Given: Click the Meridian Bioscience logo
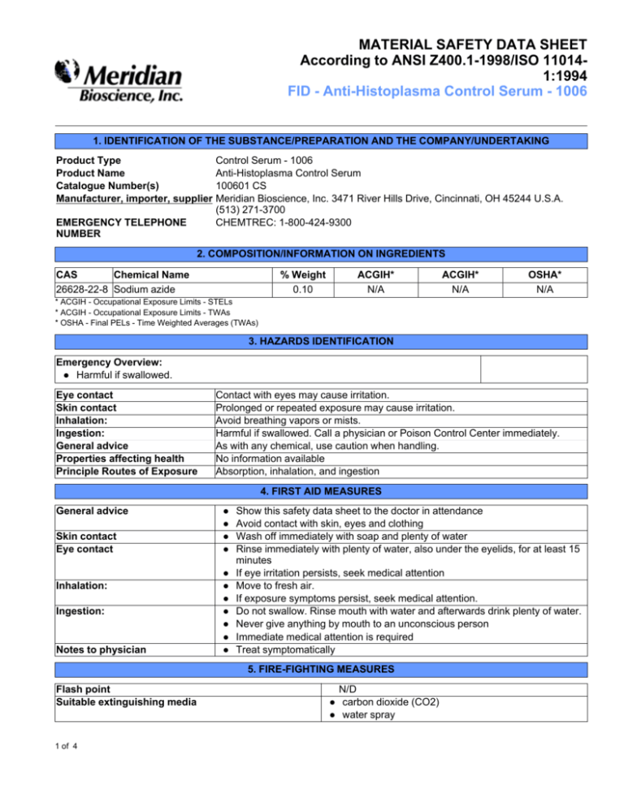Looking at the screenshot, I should pyautogui.click(x=119, y=83).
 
